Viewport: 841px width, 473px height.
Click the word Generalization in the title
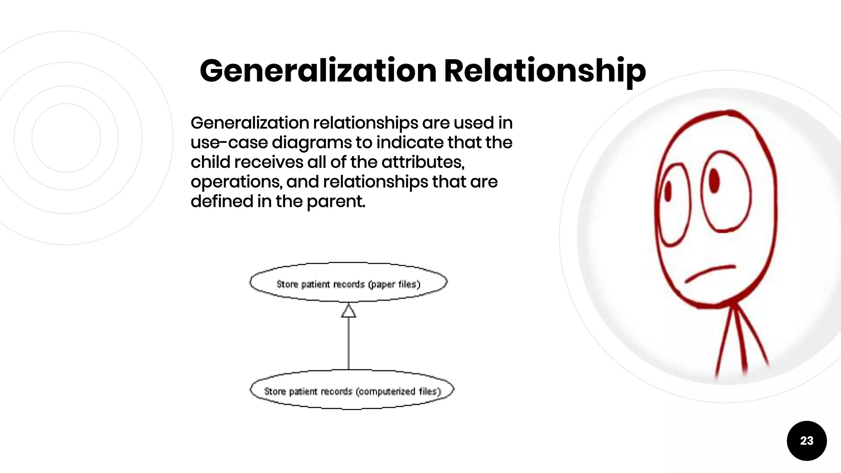pyautogui.click(x=318, y=71)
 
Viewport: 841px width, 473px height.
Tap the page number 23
pyautogui.click(x=807, y=441)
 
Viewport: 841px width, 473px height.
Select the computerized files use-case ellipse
pyautogui.click(x=352, y=390)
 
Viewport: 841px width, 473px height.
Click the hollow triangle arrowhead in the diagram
pyautogui.click(x=349, y=311)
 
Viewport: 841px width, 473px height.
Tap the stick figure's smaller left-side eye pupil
pyautogui.click(x=668, y=192)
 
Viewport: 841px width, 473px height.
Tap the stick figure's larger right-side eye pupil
pyautogui.click(x=715, y=180)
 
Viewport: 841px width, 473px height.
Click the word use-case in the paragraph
pyautogui.click(x=229, y=143)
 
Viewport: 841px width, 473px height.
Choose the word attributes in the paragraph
pyautogui.click(x=423, y=162)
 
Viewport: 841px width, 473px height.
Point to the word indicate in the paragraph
pyautogui.click(x=410, y=142)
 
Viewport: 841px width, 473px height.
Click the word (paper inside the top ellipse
pyautogui.click(x=381, y=285)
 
